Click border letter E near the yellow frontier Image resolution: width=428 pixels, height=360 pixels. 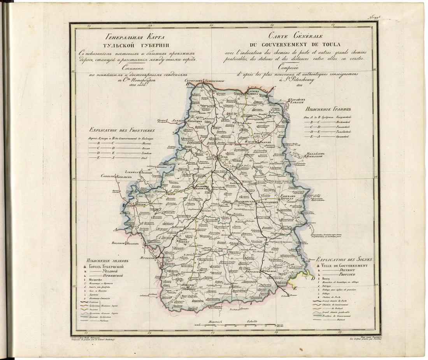294,288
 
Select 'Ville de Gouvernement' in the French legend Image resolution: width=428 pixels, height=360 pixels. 344,266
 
